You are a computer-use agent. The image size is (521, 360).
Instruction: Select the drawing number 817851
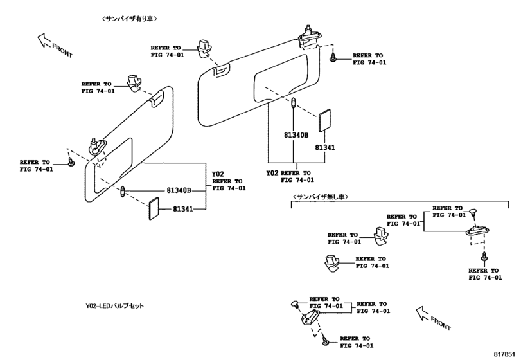(506, 353)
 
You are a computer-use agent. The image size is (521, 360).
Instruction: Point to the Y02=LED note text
(115, 306)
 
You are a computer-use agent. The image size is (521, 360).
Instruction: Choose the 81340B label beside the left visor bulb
(179, 190)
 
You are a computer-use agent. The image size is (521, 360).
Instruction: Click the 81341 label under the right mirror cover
(325, 148)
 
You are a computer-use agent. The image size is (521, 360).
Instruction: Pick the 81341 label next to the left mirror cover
(184, 209)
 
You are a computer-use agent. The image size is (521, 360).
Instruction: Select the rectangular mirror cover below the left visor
(154, 209)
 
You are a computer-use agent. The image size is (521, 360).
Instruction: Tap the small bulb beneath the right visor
(294, 102)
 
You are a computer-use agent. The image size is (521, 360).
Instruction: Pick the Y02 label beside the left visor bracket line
(218, 174)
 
